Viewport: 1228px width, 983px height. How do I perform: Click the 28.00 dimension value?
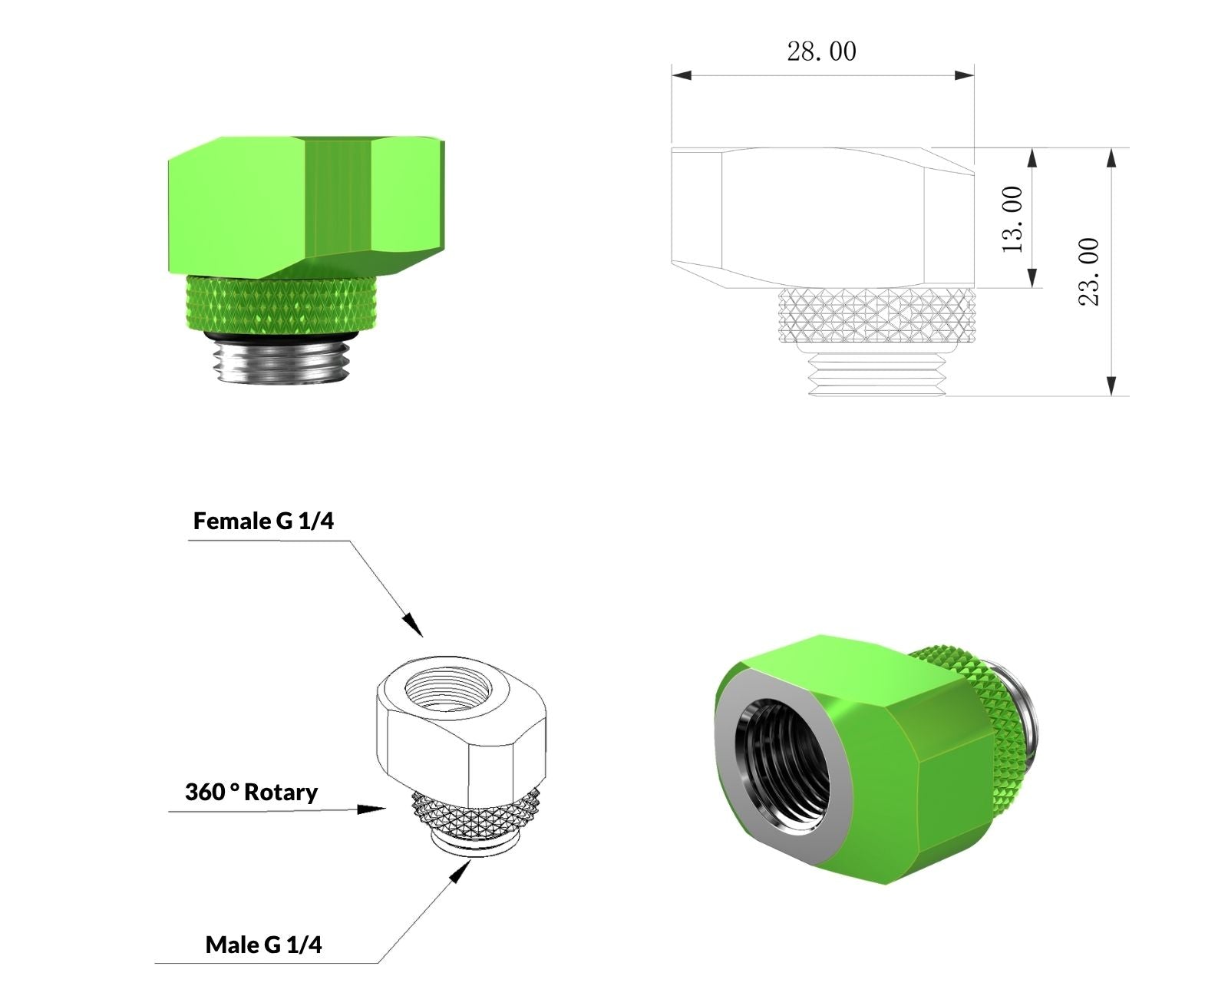point(821,51)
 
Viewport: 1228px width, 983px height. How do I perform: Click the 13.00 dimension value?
point(1013,220)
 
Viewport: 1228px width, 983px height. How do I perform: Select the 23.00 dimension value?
point(1089,272)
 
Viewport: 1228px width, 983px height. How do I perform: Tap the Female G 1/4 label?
point(263,521)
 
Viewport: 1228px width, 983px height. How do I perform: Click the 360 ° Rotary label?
point(251,793)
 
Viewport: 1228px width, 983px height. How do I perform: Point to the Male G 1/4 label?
point(263,945)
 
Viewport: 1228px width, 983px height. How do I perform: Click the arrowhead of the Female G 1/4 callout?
point(413,626)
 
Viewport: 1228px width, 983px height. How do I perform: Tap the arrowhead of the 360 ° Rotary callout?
point(371,809)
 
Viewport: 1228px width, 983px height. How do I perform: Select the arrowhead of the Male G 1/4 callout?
point(460,872)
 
